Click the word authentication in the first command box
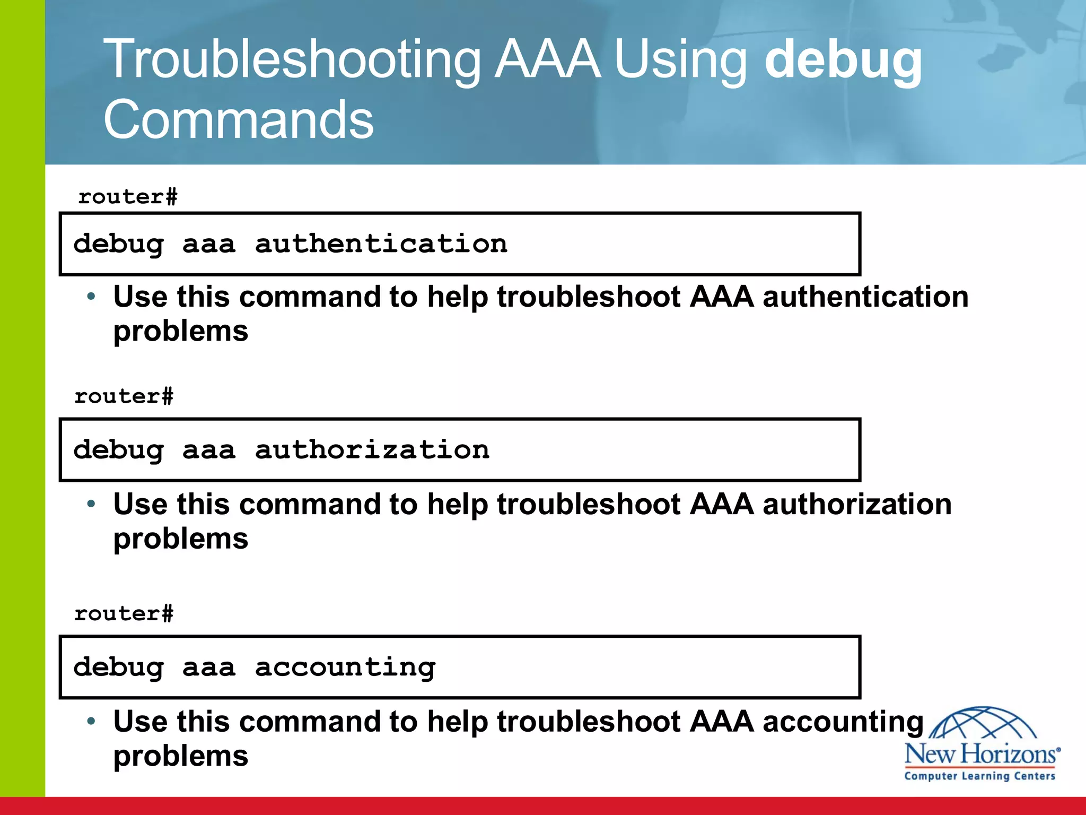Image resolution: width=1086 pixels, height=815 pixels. coord(381,244)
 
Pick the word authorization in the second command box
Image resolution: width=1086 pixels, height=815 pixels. coord(372,450)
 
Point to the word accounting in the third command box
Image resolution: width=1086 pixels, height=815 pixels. coord(345,667)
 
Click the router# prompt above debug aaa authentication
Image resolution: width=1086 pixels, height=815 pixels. coord(128,197)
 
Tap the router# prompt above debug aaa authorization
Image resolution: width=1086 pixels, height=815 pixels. coord(124,396)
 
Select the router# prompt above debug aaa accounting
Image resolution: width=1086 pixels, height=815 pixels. coord(124,614)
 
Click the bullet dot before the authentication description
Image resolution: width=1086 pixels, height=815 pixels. coord(91,296)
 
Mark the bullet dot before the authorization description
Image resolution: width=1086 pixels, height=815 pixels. coord(91,504)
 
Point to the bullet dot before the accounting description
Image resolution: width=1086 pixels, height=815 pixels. coord(91,721)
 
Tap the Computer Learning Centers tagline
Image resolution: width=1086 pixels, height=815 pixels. coord(980,776)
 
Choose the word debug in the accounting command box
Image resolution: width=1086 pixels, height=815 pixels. coord(118,667)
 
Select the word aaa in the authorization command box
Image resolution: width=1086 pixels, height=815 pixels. coord(208,450)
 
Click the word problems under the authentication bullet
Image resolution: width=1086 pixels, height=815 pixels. coord(181,331)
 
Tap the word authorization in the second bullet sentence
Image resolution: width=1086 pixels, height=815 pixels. coord(857,504)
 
